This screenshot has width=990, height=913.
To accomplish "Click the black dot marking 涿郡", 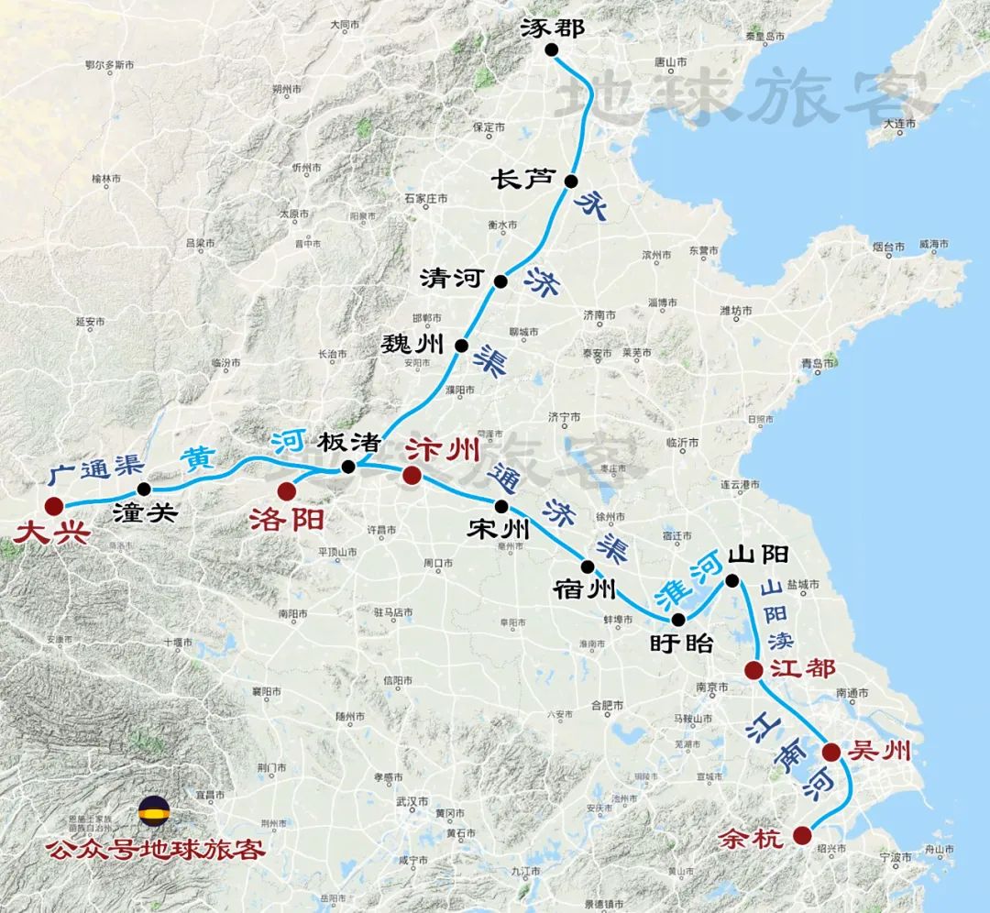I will click(551, 50).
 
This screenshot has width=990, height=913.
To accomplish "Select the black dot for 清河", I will click(500, 280).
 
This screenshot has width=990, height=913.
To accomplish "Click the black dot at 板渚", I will click(348, 467).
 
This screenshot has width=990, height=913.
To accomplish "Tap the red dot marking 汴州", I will click(412, 475).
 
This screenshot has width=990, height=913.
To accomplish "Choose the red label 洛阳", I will click(286, 520).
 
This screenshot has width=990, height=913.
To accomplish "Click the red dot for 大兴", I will click(53, 504).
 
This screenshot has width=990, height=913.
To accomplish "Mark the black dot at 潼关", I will click(143, 489).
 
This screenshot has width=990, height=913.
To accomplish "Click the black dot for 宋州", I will click(501, 506).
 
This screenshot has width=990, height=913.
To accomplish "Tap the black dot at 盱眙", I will click(678, 620).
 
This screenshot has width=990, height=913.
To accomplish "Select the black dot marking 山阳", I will click(732, 579).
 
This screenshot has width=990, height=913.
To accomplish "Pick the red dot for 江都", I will click(753, 670).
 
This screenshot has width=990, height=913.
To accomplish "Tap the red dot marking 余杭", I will click(802, 834).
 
